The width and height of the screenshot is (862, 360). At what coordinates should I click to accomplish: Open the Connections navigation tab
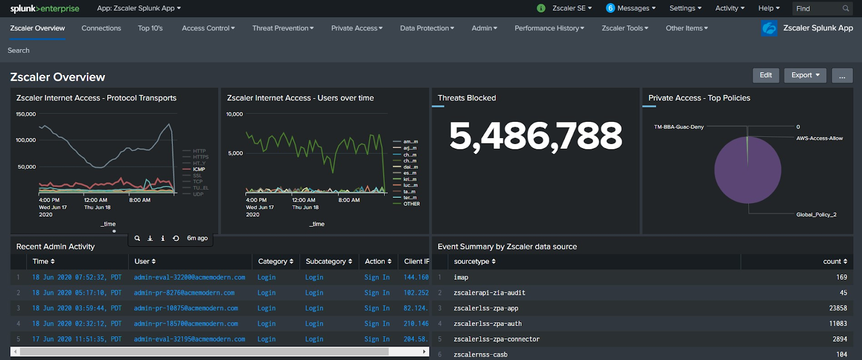click(x=101, y=28)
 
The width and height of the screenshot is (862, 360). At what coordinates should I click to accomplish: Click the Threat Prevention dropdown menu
click(x=283, y=28)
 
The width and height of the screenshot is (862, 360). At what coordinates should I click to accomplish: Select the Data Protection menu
click(x=427, y=28)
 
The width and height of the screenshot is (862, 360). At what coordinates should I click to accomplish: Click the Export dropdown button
click(x=805, y=75)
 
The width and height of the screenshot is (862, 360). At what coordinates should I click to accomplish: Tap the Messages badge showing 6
click(x=610, y=8)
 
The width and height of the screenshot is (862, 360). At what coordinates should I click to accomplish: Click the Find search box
click(x=816, y=9)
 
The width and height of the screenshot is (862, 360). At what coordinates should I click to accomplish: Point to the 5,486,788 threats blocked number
click(x=536, y=136)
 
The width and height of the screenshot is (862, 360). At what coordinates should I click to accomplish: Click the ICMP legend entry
click(x=199, y=169)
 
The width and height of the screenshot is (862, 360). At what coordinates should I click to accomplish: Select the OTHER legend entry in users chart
click(x=411, y=204)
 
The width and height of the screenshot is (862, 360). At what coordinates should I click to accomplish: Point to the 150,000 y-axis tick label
click(x=26, y=114)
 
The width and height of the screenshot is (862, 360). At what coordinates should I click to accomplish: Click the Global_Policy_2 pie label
click(x=816, y=214)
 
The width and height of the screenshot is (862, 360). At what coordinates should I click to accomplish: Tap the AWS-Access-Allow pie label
click(x=819, y=139)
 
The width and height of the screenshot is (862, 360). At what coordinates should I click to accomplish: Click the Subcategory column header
click(x=329, y=261)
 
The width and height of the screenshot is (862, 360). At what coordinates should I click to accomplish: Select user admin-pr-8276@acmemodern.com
click(x=184, y=293)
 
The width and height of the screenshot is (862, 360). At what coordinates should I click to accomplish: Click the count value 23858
click(x=838, y=308)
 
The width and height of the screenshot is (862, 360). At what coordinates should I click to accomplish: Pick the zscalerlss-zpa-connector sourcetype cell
click(x=496, y=339)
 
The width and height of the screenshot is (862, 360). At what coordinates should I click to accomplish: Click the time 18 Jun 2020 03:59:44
click(x=77, y=308)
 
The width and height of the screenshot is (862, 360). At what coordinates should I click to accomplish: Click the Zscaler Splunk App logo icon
click(x=769, y=28)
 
